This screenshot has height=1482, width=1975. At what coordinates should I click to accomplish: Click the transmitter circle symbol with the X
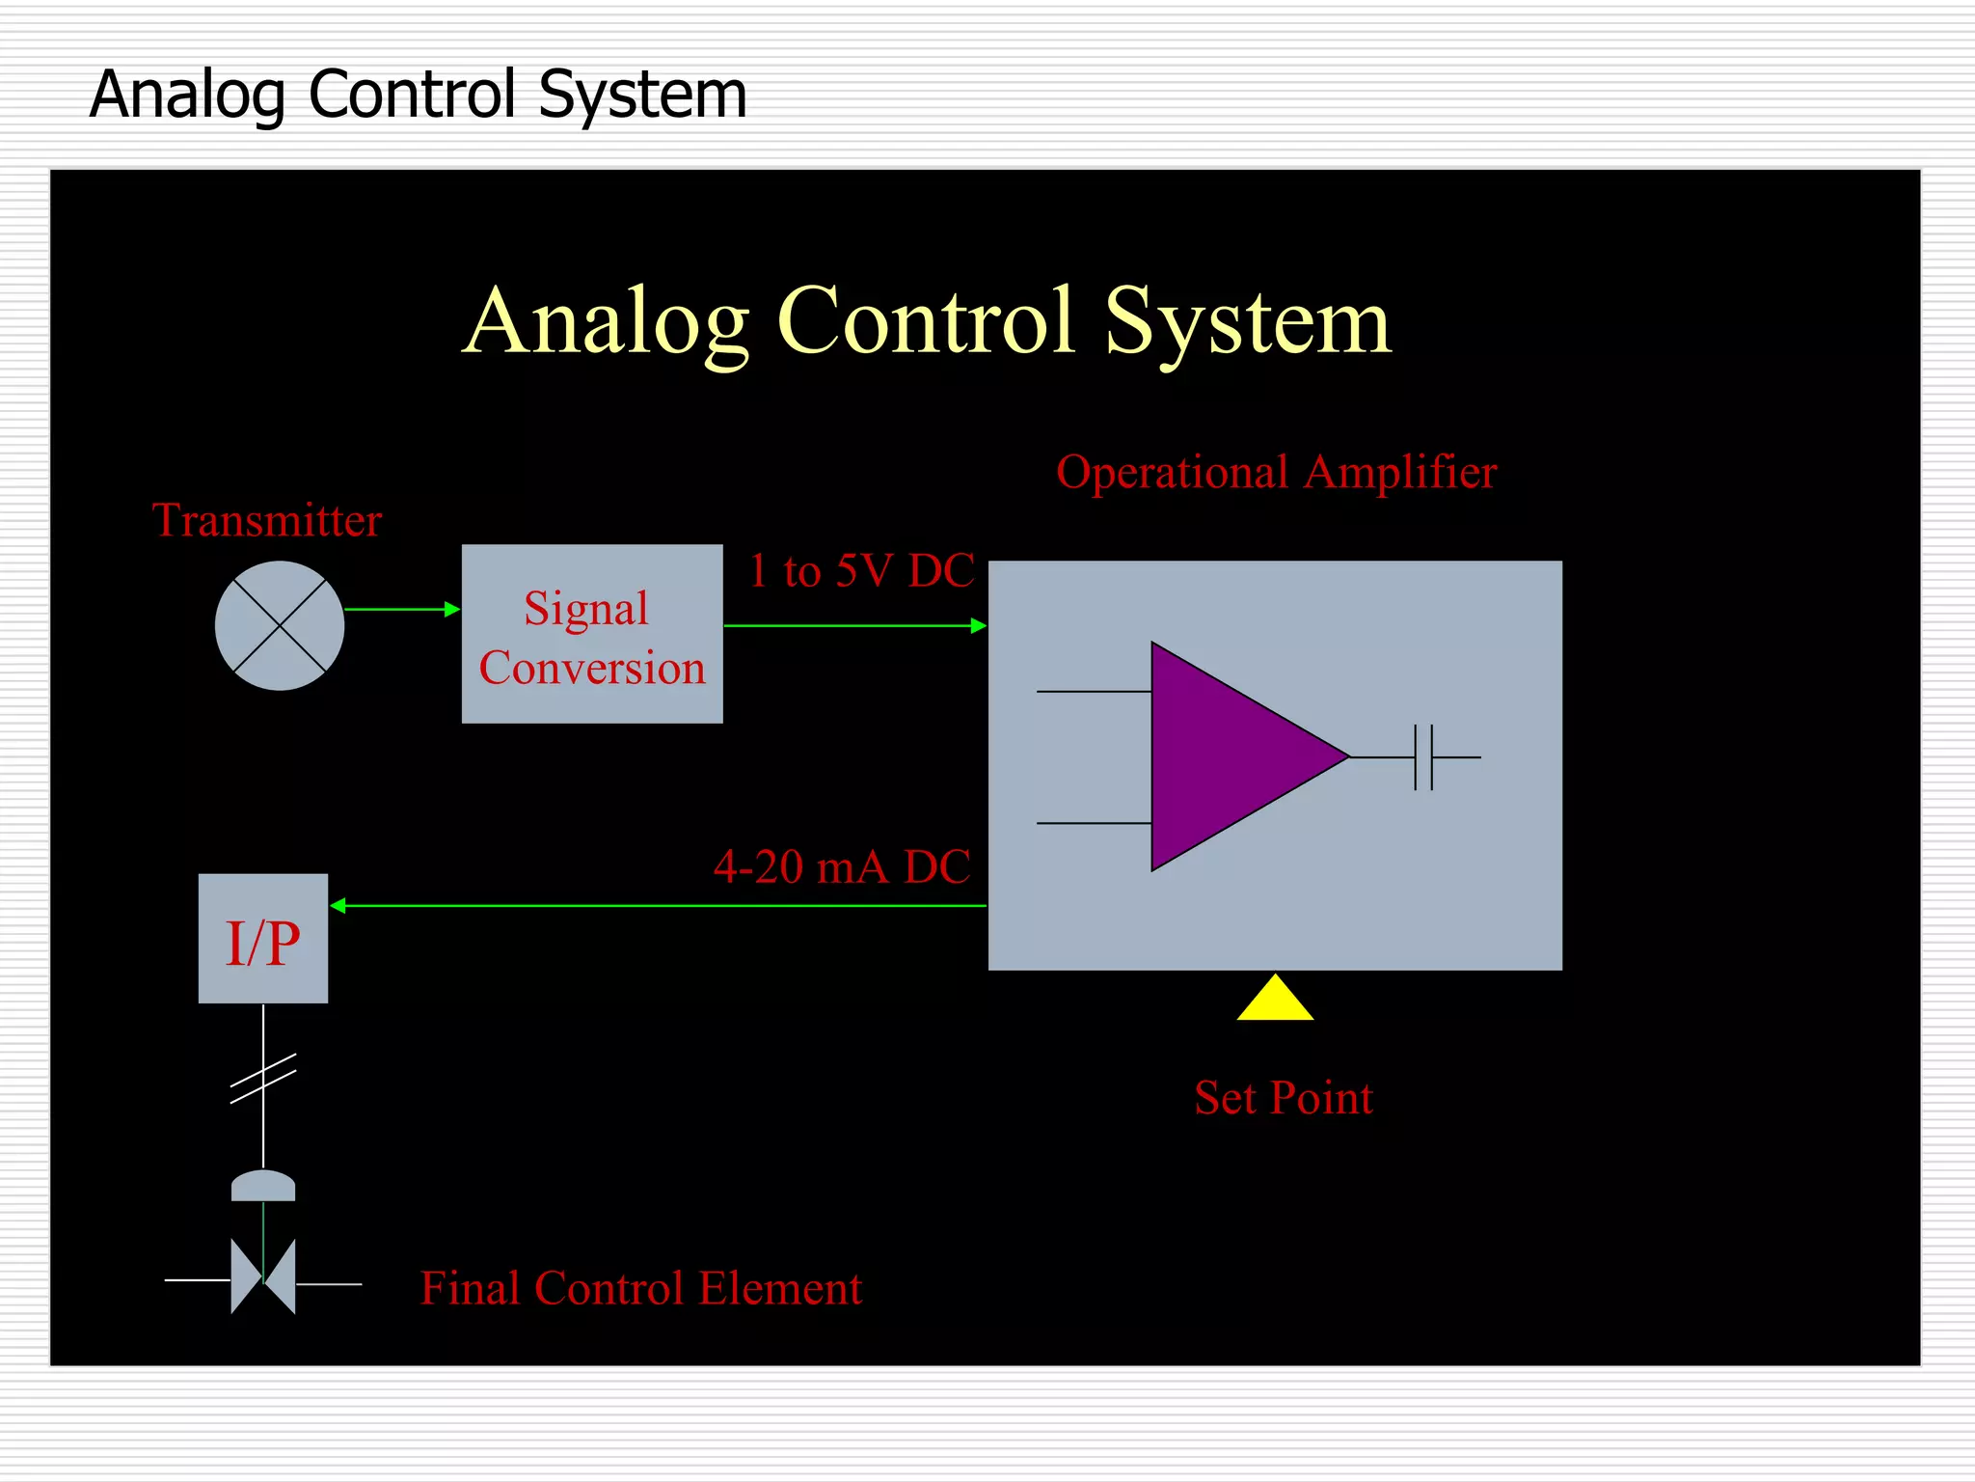pyautogui.click(x=280, y=625)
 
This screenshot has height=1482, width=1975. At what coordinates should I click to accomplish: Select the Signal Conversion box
pyautogui.click(x=592, y=634)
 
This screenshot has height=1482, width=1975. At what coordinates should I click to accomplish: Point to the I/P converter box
pyautogui.click(x=263, y=939)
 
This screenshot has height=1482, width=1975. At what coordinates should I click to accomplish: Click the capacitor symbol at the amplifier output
pyautogui.click(x=1424, y=757)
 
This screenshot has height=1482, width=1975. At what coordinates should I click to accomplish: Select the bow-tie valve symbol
pyautogui.click(x=263, y=1276)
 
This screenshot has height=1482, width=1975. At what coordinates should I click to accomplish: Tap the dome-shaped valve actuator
pyautogui.click(x=263, y=1186)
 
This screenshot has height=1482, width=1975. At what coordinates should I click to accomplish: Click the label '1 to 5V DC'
pyautogui.click(x=861, y=571)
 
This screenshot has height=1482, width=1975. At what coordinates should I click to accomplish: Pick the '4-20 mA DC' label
pyautogui.click(x=842, y=866)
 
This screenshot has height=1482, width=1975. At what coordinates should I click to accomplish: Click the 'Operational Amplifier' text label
pyautogui.click(x=1276, y=473)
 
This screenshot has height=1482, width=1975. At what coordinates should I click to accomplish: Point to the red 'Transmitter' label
pyautogui.click(x=267, y=521)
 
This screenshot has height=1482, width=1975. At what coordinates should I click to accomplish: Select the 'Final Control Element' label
pyautogui.click(x=641, y=1288)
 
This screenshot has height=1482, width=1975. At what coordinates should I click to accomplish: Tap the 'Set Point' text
pyautogui.click(x=1284, y=1098)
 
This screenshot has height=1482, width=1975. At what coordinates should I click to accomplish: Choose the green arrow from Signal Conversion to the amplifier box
pyautogui.click(x=855, y=626)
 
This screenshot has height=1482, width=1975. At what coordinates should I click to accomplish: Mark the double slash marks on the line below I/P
pyautogui.click(x=263, y=1078)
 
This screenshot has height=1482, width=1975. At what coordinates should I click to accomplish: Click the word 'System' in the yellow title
pyautogui.click(x=1248, y=322)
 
